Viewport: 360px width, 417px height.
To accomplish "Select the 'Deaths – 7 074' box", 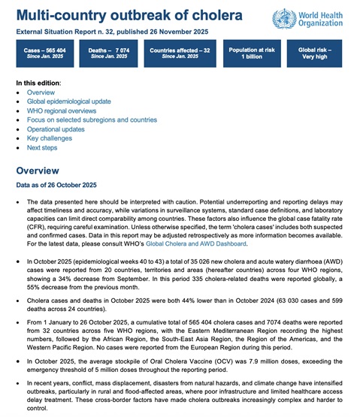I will pyautogui.click(x=110, y=54).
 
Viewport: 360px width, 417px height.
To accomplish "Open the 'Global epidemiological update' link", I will pyautogui.click(x=68, y=101).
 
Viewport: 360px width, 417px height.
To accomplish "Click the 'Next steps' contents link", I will pyautogui.click(x=44, y=149).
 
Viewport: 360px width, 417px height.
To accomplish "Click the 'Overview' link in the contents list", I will pyautogui.click(x=41, y=92).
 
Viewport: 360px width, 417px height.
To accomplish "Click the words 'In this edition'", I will pyautogui.click(x=38, y=82).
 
